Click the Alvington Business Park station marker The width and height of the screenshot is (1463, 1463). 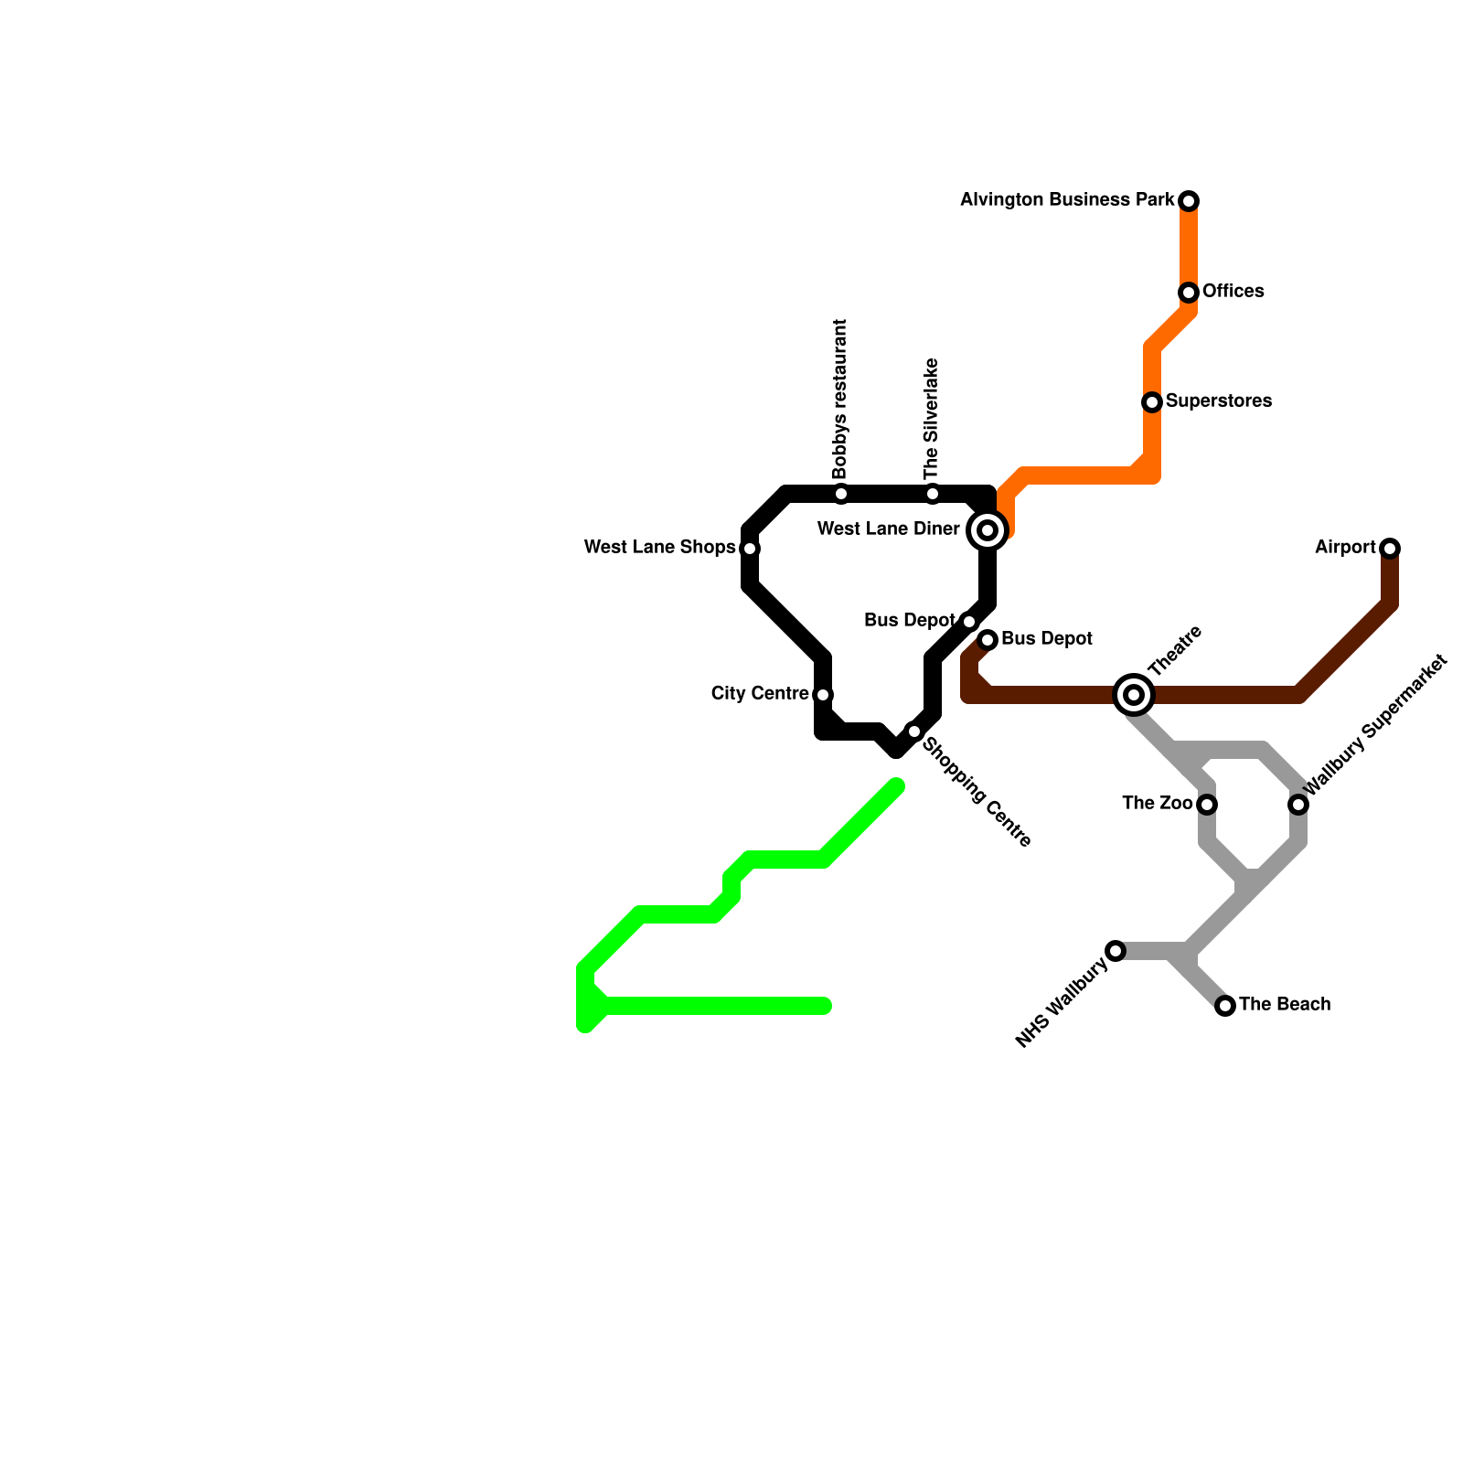pos(1189,201)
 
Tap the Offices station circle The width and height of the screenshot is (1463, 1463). pos(1189,293)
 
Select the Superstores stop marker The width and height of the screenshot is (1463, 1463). pos(1152,402)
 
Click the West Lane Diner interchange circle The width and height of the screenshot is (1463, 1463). pos(988,530)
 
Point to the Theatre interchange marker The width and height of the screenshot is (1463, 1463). pos(1134,695)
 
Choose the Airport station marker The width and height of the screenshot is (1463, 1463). pos(1390,549)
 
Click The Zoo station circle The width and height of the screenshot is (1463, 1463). pos(1207,805)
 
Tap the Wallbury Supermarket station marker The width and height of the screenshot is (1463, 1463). pos(1298,805)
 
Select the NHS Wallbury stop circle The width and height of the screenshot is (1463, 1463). pos(1116,951)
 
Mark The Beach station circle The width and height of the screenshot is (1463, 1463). pos(1225,1006)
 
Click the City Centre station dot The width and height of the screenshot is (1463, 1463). pos(823,695)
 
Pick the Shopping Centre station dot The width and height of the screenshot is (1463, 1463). pos(914,731)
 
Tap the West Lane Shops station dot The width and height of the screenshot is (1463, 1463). pos(750,549)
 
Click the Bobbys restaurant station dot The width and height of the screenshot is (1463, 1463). pos(841,495)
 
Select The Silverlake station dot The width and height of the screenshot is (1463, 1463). pos(933,495)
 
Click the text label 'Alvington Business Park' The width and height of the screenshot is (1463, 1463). pos(1067,199)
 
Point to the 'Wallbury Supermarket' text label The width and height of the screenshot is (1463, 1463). pos(1375,724)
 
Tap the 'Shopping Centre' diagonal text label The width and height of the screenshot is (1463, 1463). pos(976,793)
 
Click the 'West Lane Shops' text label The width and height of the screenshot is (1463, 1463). pos(659,548)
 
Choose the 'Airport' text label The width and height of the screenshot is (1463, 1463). pos(1345,548)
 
